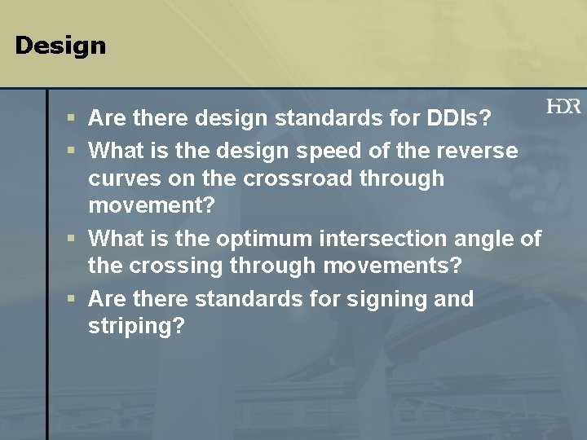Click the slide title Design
coord(60,46)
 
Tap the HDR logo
coord(563,107)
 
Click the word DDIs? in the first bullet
coord(462,119)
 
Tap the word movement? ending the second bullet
coord(152,205)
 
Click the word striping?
coord(136,327)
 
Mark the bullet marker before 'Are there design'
coord(72,119)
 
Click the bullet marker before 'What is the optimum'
coord(72,239)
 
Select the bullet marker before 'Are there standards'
coord(72,299)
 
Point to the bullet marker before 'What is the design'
coord(72,151)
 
